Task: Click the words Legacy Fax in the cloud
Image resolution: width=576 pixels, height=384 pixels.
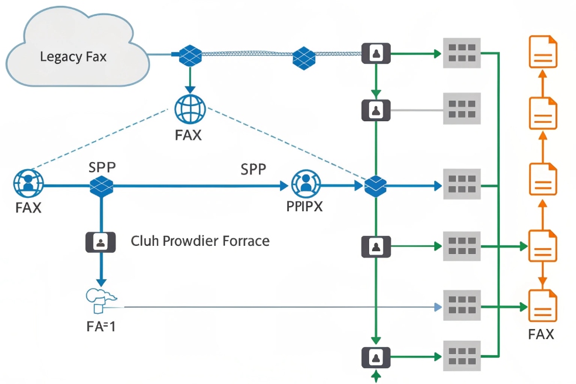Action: coord(73,57)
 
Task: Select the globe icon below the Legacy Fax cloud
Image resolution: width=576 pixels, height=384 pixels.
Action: coord(190,109)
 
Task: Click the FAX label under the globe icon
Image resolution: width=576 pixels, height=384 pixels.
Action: coord(188,135)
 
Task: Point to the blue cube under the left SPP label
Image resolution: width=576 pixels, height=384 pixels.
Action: coord(101,186)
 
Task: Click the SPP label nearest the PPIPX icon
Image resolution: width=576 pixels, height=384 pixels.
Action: coord(253,169)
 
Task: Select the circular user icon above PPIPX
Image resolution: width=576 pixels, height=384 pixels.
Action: coord(304,183)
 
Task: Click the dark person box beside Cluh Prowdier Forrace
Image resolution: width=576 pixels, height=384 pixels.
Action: coord(101,241)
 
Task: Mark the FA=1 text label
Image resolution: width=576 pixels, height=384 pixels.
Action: coord(101,325)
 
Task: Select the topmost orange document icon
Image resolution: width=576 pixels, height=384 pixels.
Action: coord(543,52)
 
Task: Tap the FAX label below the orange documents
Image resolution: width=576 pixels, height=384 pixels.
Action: coord(541,335)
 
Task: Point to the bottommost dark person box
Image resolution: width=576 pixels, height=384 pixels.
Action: coord(376,356)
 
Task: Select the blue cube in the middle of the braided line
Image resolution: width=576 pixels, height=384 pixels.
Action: coord(304,57)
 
